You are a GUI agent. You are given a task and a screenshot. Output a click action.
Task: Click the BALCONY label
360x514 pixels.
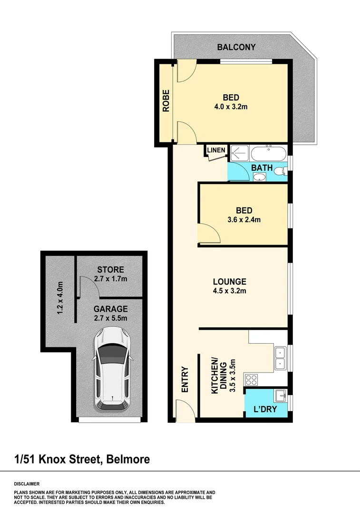tap(236, 47)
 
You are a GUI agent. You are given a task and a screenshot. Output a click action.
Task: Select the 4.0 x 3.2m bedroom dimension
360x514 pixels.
tap(231, 107)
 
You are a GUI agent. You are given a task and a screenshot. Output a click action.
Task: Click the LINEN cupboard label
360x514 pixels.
tap(216, 150)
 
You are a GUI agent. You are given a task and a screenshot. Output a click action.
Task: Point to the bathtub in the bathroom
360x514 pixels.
tap(269, 154)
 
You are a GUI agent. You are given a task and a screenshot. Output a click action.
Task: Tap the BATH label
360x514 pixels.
tap(262, 168)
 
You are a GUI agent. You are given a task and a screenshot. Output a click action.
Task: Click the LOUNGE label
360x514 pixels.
tap(229, 281)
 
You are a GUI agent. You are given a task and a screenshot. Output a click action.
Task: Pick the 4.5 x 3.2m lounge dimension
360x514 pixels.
tap(229, 291)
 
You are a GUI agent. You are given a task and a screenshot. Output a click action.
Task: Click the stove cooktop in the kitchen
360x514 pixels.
tap(251, 380)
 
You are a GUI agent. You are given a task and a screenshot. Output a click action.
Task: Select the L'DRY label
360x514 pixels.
tap(264, 409)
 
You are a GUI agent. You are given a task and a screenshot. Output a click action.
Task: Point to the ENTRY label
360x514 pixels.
tap(185, 379)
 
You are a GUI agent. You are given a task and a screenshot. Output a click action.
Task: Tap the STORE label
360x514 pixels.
tap(110, 270)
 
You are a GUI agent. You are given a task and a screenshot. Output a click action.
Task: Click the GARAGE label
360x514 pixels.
tap(110, 308)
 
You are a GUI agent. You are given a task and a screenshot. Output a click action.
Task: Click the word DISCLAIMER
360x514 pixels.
tap(27, 484)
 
